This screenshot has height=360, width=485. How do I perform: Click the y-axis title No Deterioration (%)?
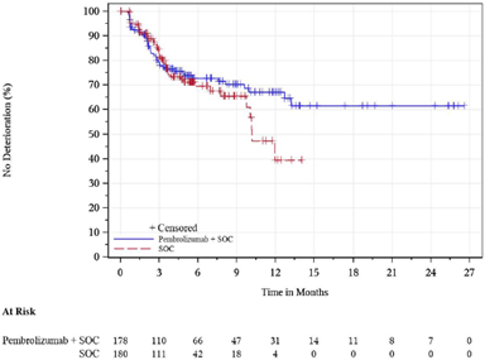coord(8,133)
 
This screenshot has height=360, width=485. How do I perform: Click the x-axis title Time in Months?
coord(295,292)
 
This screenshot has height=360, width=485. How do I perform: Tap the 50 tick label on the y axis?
coord(94,134)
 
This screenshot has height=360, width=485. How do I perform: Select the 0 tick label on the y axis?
coord(96,257)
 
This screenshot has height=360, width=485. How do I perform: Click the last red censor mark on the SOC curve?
coord(301,160)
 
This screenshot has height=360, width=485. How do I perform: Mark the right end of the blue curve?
coord(466,106)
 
